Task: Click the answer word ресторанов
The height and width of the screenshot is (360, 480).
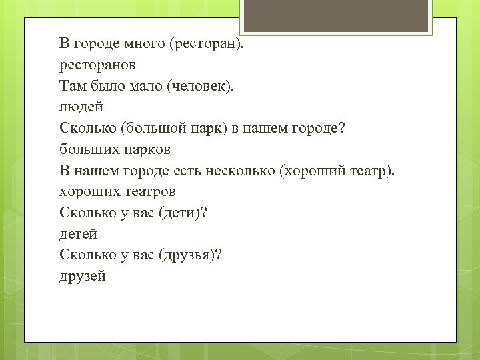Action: coord(97,65)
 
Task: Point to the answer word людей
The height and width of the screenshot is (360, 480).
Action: coord(81,107)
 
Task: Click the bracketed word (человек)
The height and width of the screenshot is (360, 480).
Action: coord(200,86)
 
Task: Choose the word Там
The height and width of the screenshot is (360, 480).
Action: coord(72,86)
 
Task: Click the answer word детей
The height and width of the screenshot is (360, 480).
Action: coord(78,234)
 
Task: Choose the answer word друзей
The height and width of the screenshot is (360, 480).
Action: coord(83,276)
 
